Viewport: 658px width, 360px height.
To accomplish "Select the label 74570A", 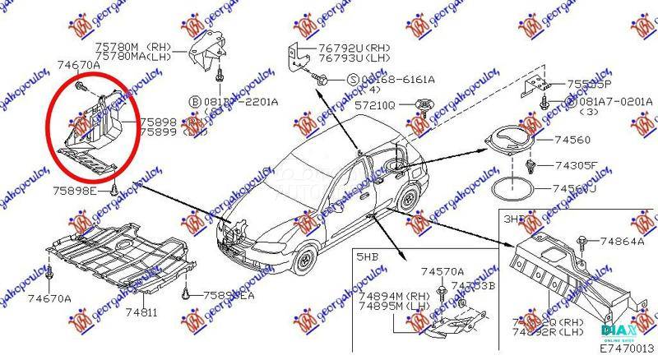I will [x=443, y=271].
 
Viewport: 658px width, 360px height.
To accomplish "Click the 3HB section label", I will [x=514, y=219].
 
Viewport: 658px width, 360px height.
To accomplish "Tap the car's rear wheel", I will [x=408, y=198].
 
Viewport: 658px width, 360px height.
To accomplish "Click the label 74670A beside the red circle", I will [x=79, y=63].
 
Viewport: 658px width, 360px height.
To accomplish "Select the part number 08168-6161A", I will [x=394, y=79].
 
